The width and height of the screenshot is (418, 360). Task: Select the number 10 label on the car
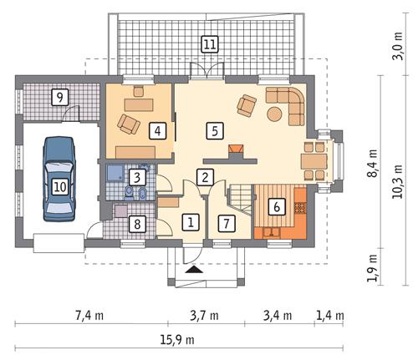coord(59,186)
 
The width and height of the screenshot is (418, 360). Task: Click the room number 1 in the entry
coord(191,222)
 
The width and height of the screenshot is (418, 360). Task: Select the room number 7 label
coord(223,222)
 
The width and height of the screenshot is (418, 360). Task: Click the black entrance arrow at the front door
coord(194,270)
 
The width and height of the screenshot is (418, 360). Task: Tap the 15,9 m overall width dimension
coord(171,340)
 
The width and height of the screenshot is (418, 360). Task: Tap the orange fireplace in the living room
coord(237,152)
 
